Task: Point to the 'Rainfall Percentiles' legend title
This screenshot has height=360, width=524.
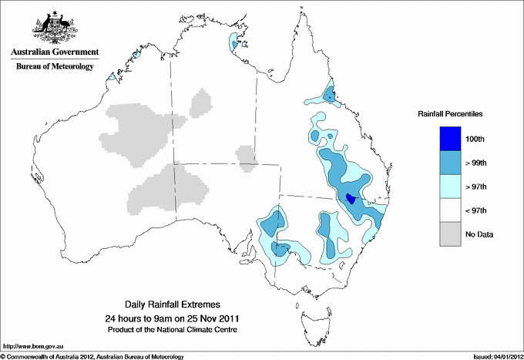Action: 450,114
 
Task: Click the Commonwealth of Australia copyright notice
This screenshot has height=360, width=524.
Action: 92,356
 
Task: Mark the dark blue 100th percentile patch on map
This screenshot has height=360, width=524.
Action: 351,198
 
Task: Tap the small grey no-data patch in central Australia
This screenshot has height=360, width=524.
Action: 246,155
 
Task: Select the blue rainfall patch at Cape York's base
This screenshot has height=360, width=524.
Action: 329,95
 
